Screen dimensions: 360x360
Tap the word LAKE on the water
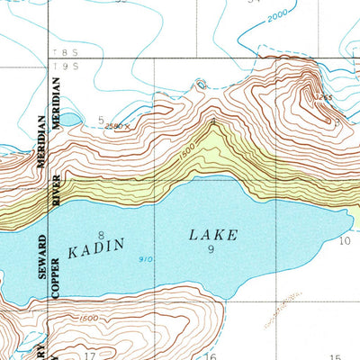pyautogui.click(x=213, y=235)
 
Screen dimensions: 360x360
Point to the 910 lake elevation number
pyautogui.click(x=145, y=260)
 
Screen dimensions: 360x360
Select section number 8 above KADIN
pyautogui.click(x=102, y=235)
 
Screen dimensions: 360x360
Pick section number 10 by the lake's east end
pyautogui.click(x=344, y=241)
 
